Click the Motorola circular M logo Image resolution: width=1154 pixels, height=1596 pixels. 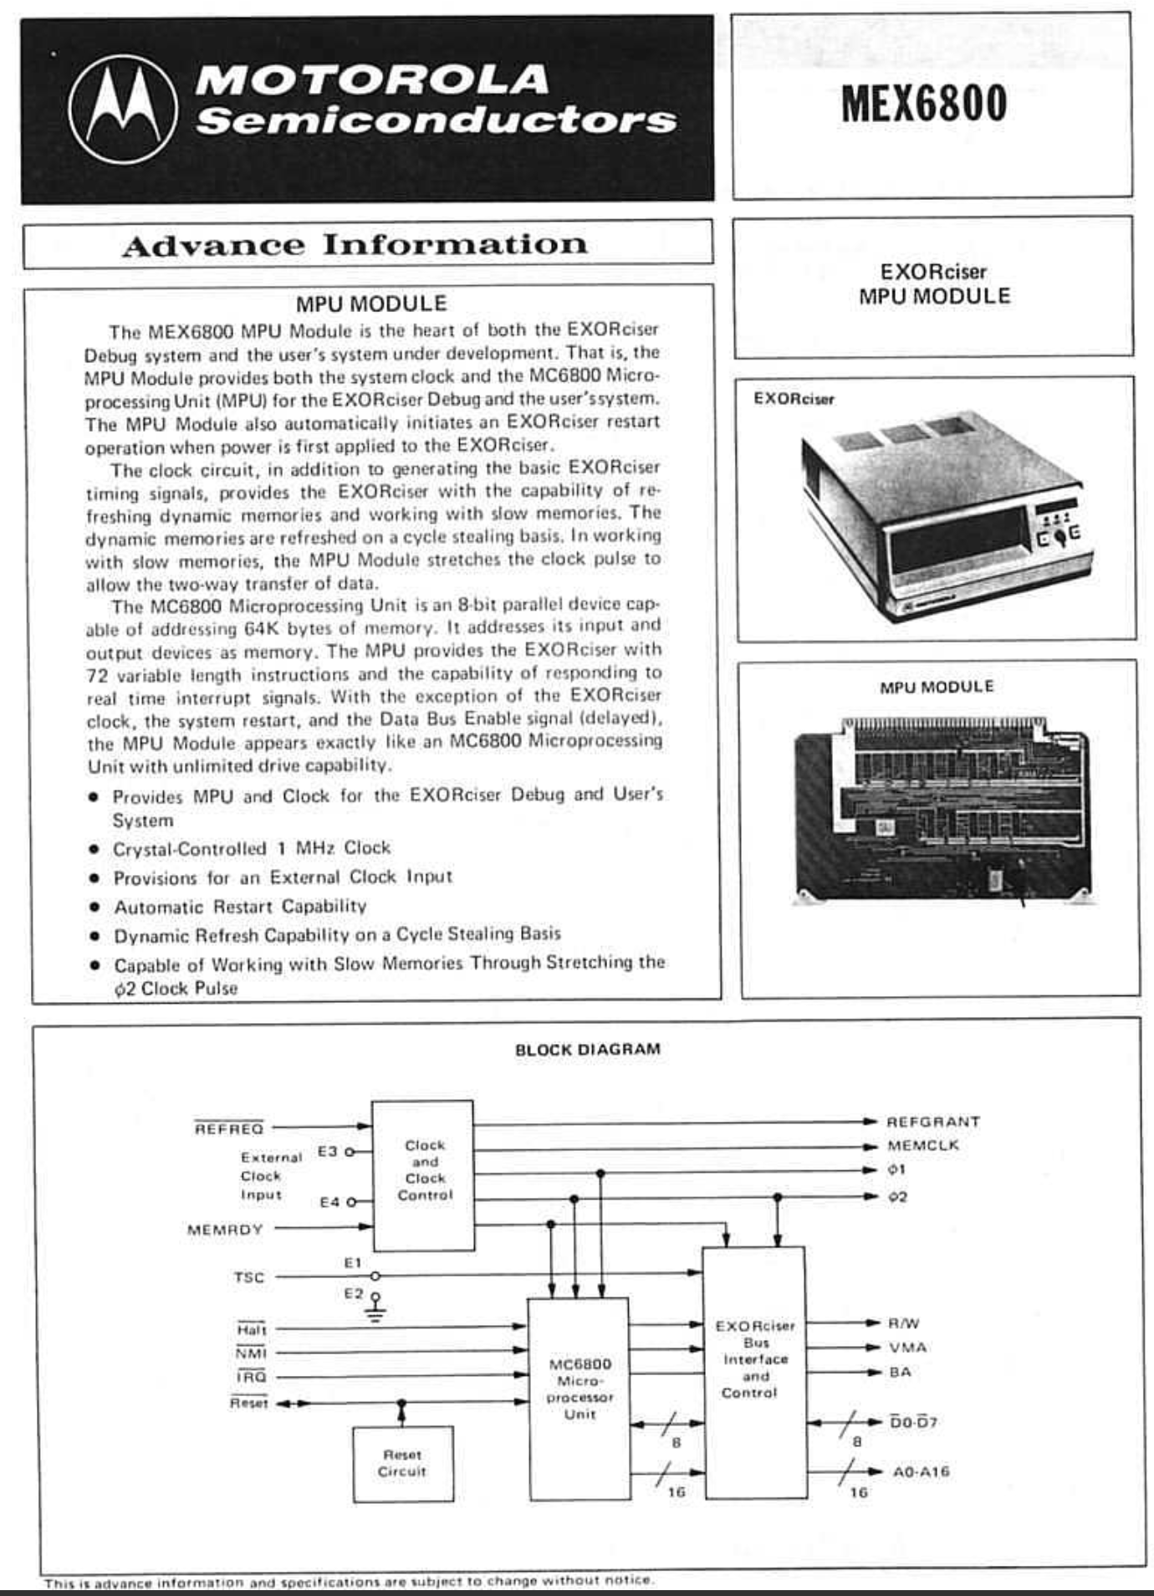pyautogui.click(x=123, y=110)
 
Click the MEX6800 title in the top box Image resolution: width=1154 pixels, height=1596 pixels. pyautogui.click(x=924, y=104)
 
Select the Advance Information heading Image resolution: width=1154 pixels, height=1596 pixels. pyautogui.click(x=355, y=245)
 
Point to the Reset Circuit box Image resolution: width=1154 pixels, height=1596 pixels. pyautogui.click(x=402, y=1463)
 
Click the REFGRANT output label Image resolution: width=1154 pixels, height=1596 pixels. pyautogui.click(x=932, y=1122)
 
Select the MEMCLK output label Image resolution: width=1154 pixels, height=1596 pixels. pyautogui.click(x=922, y=1146)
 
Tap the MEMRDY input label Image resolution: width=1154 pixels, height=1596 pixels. pyautogui.click(x=225, y=1230)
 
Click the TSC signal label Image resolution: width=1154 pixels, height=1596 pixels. pyautogui.click(x=249, y=1277)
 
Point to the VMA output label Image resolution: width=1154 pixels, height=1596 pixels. pyautogui.click(x=907, y=1348)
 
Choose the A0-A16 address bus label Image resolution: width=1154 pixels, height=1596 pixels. pyautogui.click(x=921, y=1471)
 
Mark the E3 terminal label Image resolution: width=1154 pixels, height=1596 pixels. pyautogui.click(x=327, y=1152)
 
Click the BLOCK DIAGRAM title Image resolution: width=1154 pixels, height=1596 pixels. pyautogui.click(x=587, y=1049)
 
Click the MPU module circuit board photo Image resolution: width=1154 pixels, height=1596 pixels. pyautogui.click(x=941, y=811)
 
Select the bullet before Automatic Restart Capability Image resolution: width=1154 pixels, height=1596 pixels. pyautogui.click(x=95, y=908)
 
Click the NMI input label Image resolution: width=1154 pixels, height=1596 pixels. pyautogui.click(x=251, y=1353)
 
